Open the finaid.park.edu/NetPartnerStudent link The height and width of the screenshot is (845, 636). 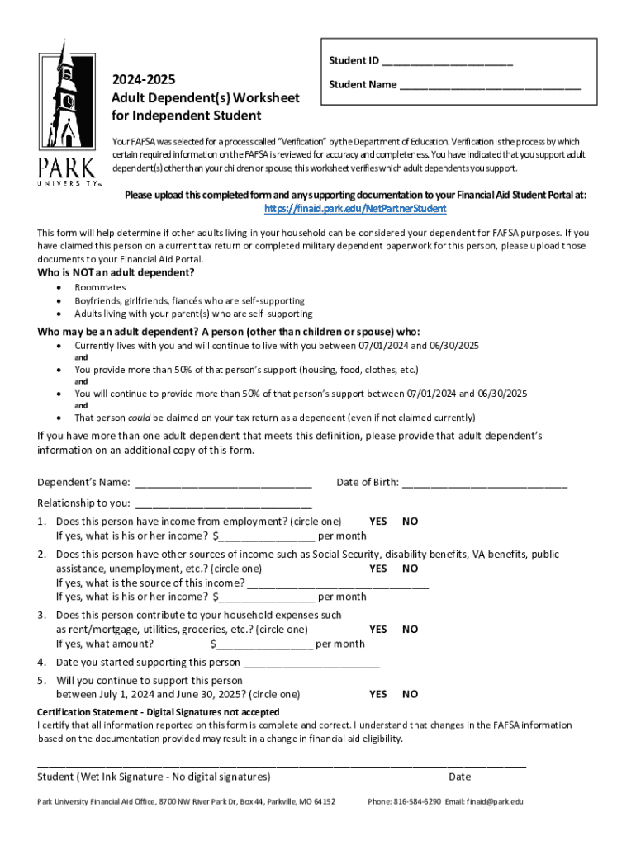click(355, 209)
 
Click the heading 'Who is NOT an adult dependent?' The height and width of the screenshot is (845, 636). click(116, 273)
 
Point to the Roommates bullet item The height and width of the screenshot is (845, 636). click(100, 287)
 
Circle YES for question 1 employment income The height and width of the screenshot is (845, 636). click(378, 522)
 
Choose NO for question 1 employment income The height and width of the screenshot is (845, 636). click(410, 522)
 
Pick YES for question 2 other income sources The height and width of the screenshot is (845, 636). click(378, 569)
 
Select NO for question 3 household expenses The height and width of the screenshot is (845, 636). click(410, 630)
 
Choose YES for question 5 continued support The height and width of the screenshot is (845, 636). click(378, 695)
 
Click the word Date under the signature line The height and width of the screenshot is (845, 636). click(460, 777)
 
